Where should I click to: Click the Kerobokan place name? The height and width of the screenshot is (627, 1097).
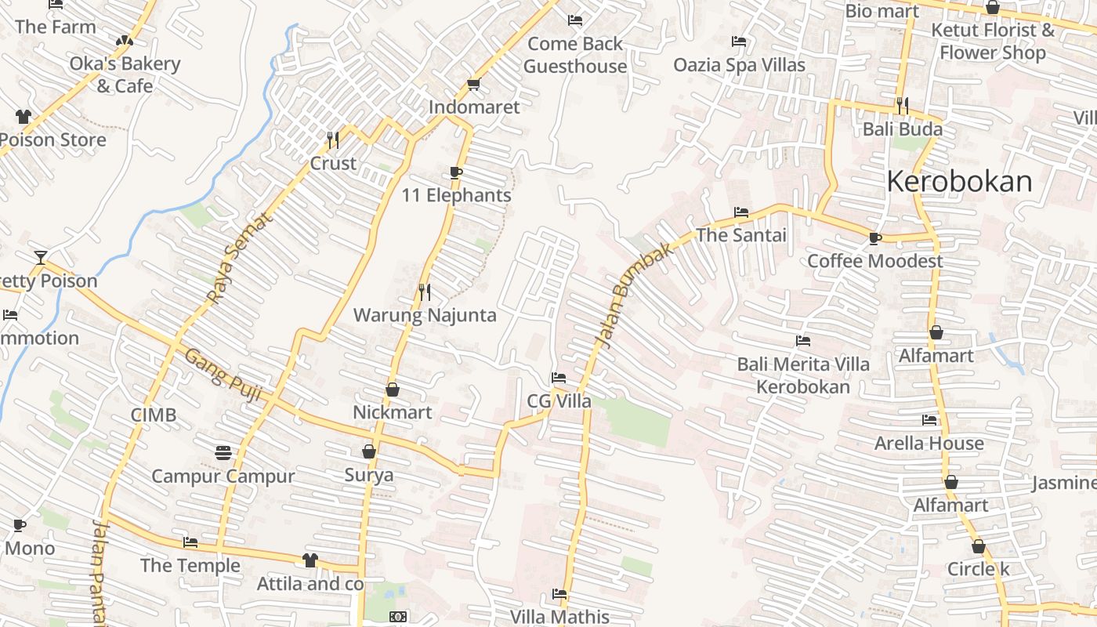959,182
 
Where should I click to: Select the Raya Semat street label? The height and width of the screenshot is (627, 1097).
241,258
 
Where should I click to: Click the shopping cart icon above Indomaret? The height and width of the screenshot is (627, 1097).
473,84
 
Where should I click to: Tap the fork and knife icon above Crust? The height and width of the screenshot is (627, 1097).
333,140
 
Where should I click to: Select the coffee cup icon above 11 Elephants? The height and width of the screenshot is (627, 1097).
456,172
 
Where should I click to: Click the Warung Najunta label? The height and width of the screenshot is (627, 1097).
425,315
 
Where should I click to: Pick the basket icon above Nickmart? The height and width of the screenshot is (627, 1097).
393,390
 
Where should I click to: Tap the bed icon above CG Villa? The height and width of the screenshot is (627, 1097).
559,379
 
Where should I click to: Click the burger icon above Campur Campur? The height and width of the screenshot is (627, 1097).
223,452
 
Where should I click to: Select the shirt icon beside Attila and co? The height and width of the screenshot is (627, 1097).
310,560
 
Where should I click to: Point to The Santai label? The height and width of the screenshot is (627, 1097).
740,235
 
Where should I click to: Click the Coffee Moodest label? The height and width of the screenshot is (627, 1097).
874,261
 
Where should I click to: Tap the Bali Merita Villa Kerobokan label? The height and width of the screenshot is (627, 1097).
803,375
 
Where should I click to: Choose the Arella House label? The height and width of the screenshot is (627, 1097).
929,444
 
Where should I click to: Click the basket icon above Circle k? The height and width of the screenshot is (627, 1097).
978,546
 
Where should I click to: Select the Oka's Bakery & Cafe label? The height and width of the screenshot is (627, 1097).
125,74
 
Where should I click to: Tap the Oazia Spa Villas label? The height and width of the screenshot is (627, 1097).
739,65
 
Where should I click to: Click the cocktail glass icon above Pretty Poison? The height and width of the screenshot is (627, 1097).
41,258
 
